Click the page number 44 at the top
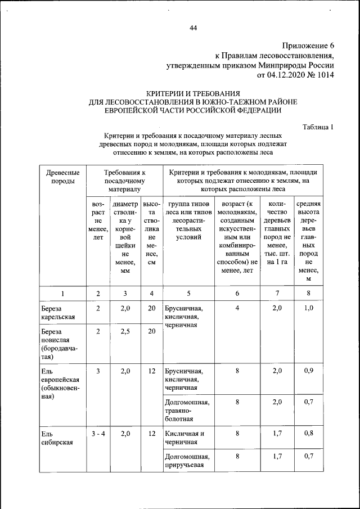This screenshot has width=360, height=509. pyautogui.click(x=193, y=29)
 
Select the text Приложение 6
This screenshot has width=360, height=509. pyautogui.click(x=308, y=46)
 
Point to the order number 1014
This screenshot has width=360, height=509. pyautogui.click(x=325, y=75)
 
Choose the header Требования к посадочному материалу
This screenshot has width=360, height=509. pyautogui.click(x=125, y=181)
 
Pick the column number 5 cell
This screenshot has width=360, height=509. pyautogui.click(x=188, y=293)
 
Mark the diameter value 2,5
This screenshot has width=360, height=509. pyautogui.click(x=125, y=332)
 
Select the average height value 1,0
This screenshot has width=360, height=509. pyautogui.click(x=308, y=308)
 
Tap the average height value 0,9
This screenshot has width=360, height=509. pyautogui.click(x=308, y=371)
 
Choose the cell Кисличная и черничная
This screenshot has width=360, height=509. pyautogui.click(x=184, y=438)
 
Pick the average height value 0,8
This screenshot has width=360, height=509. pyautogui.click(x=308, y=434)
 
